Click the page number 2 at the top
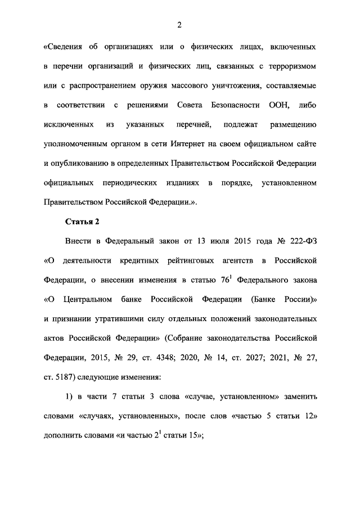179,24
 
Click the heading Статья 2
82,221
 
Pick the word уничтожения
232,86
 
